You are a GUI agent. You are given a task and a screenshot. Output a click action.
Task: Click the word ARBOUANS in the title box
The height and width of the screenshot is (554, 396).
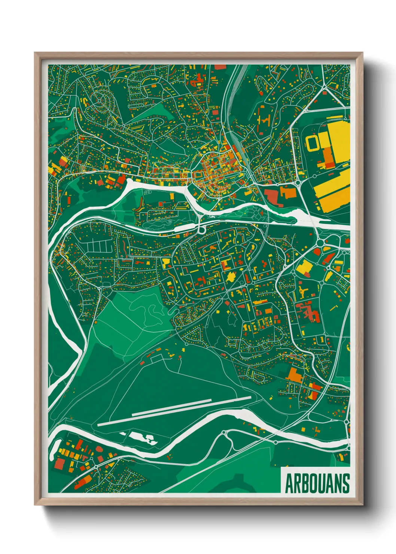pos(317,483)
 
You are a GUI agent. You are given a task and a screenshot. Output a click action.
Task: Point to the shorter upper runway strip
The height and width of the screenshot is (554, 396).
pos(191,405)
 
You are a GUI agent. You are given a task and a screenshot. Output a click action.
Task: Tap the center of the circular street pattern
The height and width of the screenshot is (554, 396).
pos(100,100)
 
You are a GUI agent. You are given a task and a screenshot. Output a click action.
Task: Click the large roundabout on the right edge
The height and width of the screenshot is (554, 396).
pos(320,243)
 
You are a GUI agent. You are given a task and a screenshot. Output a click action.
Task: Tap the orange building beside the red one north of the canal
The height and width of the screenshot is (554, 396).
pos(288,192)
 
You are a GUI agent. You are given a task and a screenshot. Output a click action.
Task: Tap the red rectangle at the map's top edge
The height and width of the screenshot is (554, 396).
pos(220,67)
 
